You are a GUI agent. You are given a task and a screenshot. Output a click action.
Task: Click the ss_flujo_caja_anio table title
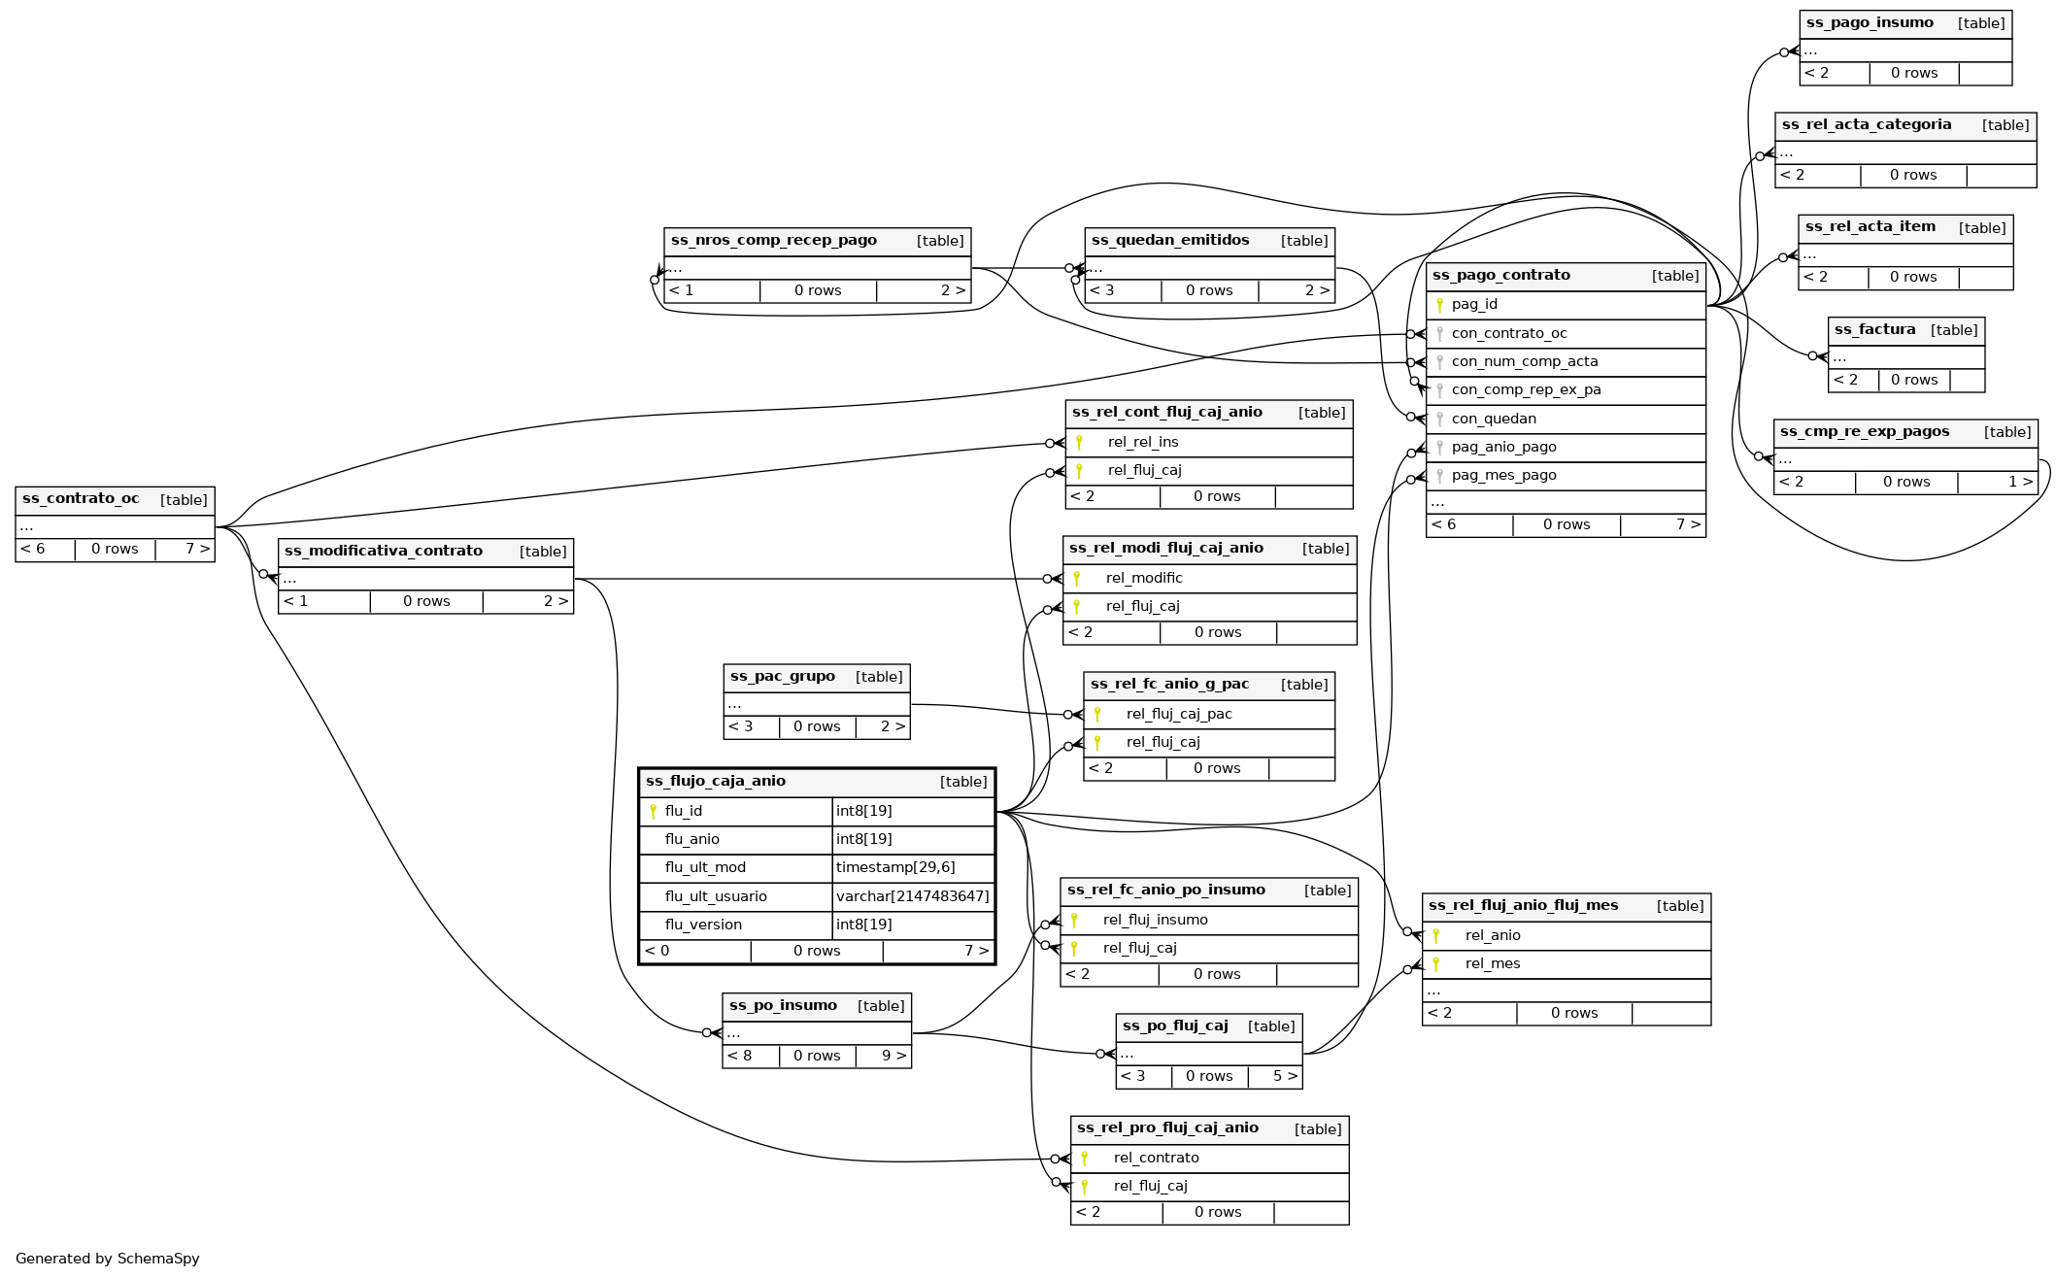pos(716,781)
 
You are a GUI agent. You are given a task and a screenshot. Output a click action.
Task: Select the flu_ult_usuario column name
pos(716,896)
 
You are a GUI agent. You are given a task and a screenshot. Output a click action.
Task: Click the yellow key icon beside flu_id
pos(653,811)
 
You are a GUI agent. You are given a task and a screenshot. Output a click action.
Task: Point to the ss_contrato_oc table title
pos(81,499)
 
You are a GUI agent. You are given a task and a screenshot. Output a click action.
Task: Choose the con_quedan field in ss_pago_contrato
pos(1494,419)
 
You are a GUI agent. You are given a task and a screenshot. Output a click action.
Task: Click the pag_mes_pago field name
pos(1503,475)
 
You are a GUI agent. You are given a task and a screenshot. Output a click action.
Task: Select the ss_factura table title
pos(1874,330)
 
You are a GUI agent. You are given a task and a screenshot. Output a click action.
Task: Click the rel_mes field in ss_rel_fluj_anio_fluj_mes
pos(1493,963)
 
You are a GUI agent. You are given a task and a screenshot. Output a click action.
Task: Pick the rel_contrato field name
pos(1156,1158)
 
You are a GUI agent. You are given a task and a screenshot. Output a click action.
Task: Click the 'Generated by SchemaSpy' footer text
pos(108,1259)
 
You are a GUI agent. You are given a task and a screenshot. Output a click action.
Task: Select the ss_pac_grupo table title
pos(782,677)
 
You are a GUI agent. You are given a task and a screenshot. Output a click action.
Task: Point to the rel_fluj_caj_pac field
pos(1179,714)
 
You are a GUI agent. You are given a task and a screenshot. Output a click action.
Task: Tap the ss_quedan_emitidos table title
pos(1170,241)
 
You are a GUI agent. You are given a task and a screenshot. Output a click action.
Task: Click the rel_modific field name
pos(1144,578)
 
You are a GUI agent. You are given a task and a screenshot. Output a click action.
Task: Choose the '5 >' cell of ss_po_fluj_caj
pos(1285,1076)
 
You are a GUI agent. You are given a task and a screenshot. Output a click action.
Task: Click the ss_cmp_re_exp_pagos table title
pos(1865,432)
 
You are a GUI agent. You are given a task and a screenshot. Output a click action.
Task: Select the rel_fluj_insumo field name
pos(1156,920)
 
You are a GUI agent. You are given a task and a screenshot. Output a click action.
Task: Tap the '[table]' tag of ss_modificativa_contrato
pos(543,552)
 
